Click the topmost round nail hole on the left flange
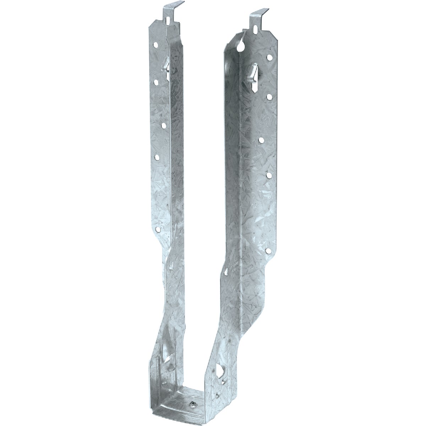(155, 45)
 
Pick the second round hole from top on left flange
(155, 82)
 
